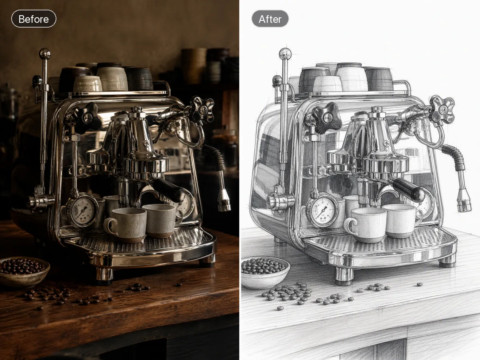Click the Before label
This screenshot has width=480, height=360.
(34, 19)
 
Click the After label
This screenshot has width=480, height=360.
(270, 19)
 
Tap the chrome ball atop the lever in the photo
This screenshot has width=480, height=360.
(45, 54)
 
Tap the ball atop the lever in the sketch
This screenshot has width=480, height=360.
(285, 54)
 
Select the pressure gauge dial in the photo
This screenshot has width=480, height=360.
(82, 210)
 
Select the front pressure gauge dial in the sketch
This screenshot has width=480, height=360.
(322, 211)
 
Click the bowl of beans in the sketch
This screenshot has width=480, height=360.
(265, 272)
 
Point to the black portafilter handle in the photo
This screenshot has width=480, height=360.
(168, 190)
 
